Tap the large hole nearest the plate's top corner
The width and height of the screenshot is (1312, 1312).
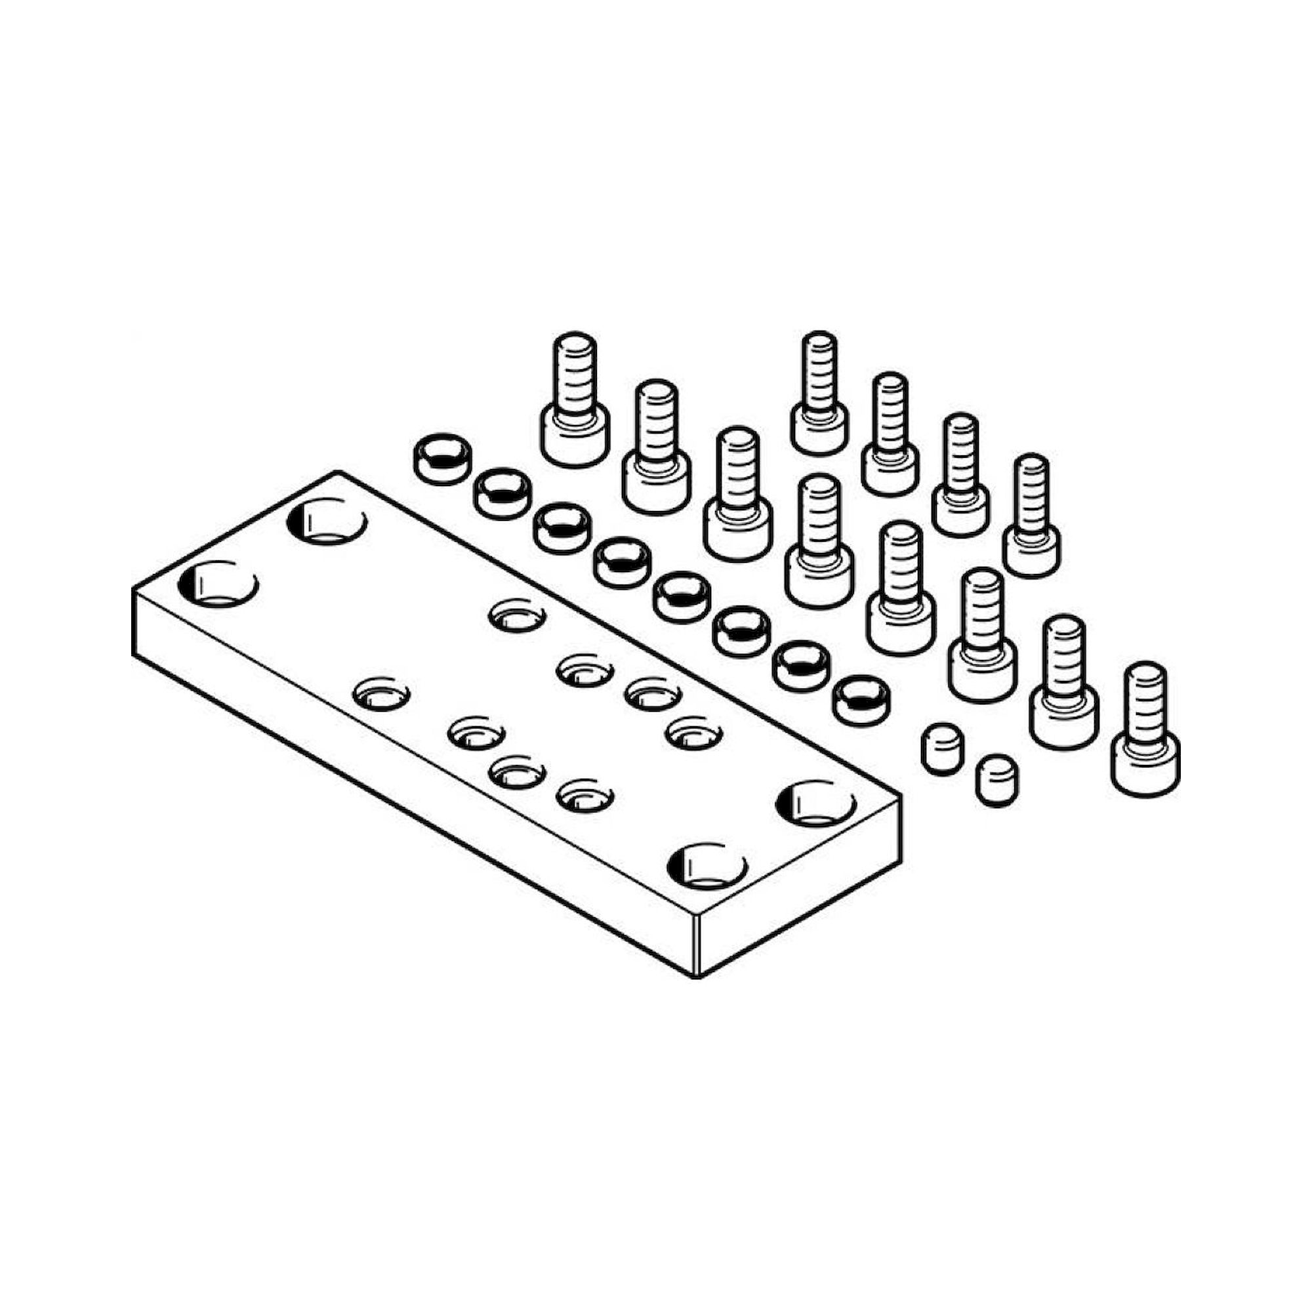(x=327, y=522)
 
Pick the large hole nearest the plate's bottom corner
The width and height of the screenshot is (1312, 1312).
(x=707, y=866)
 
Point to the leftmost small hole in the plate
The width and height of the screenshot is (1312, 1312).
(x=382, y=694)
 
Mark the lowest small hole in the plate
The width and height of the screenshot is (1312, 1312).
(x=584, y=796)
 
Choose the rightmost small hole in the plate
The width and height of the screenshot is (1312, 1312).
(x=693, y=733)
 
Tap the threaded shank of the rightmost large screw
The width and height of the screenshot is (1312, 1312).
(x=1145, y=703)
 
